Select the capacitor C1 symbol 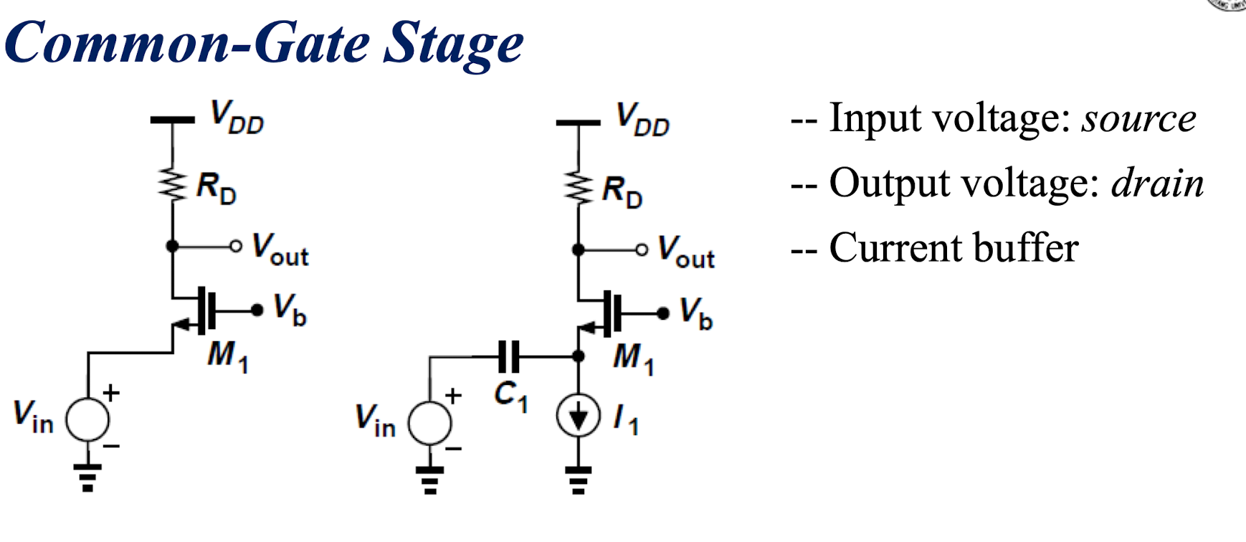click(510, 356)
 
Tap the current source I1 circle click(578, 417)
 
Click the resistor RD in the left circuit click(173, 184)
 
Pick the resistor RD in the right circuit click(579, 188)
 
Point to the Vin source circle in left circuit click(87, 419)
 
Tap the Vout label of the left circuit click(280, 250)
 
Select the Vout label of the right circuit click(686, 252)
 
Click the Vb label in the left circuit click(290, 310)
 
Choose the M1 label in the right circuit click(634, 358)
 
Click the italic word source click(1139, 120)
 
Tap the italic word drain click(1157, 183)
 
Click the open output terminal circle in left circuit click(236, 246)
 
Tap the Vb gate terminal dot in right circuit click(663, 313)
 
